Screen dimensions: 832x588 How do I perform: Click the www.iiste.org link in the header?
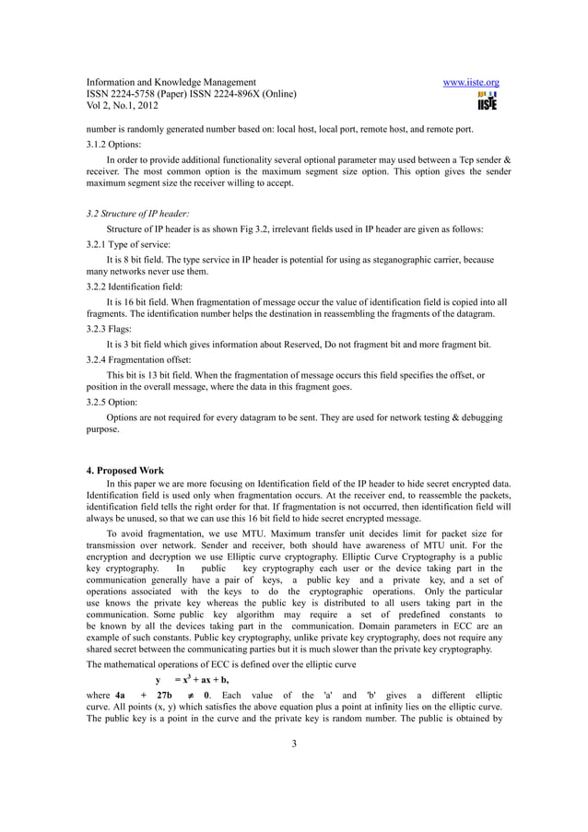471,82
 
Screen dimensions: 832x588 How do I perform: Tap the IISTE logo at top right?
486,100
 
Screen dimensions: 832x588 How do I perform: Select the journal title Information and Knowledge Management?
171,82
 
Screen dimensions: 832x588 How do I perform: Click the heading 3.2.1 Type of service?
125,246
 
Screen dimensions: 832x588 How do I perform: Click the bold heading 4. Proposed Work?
124,471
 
